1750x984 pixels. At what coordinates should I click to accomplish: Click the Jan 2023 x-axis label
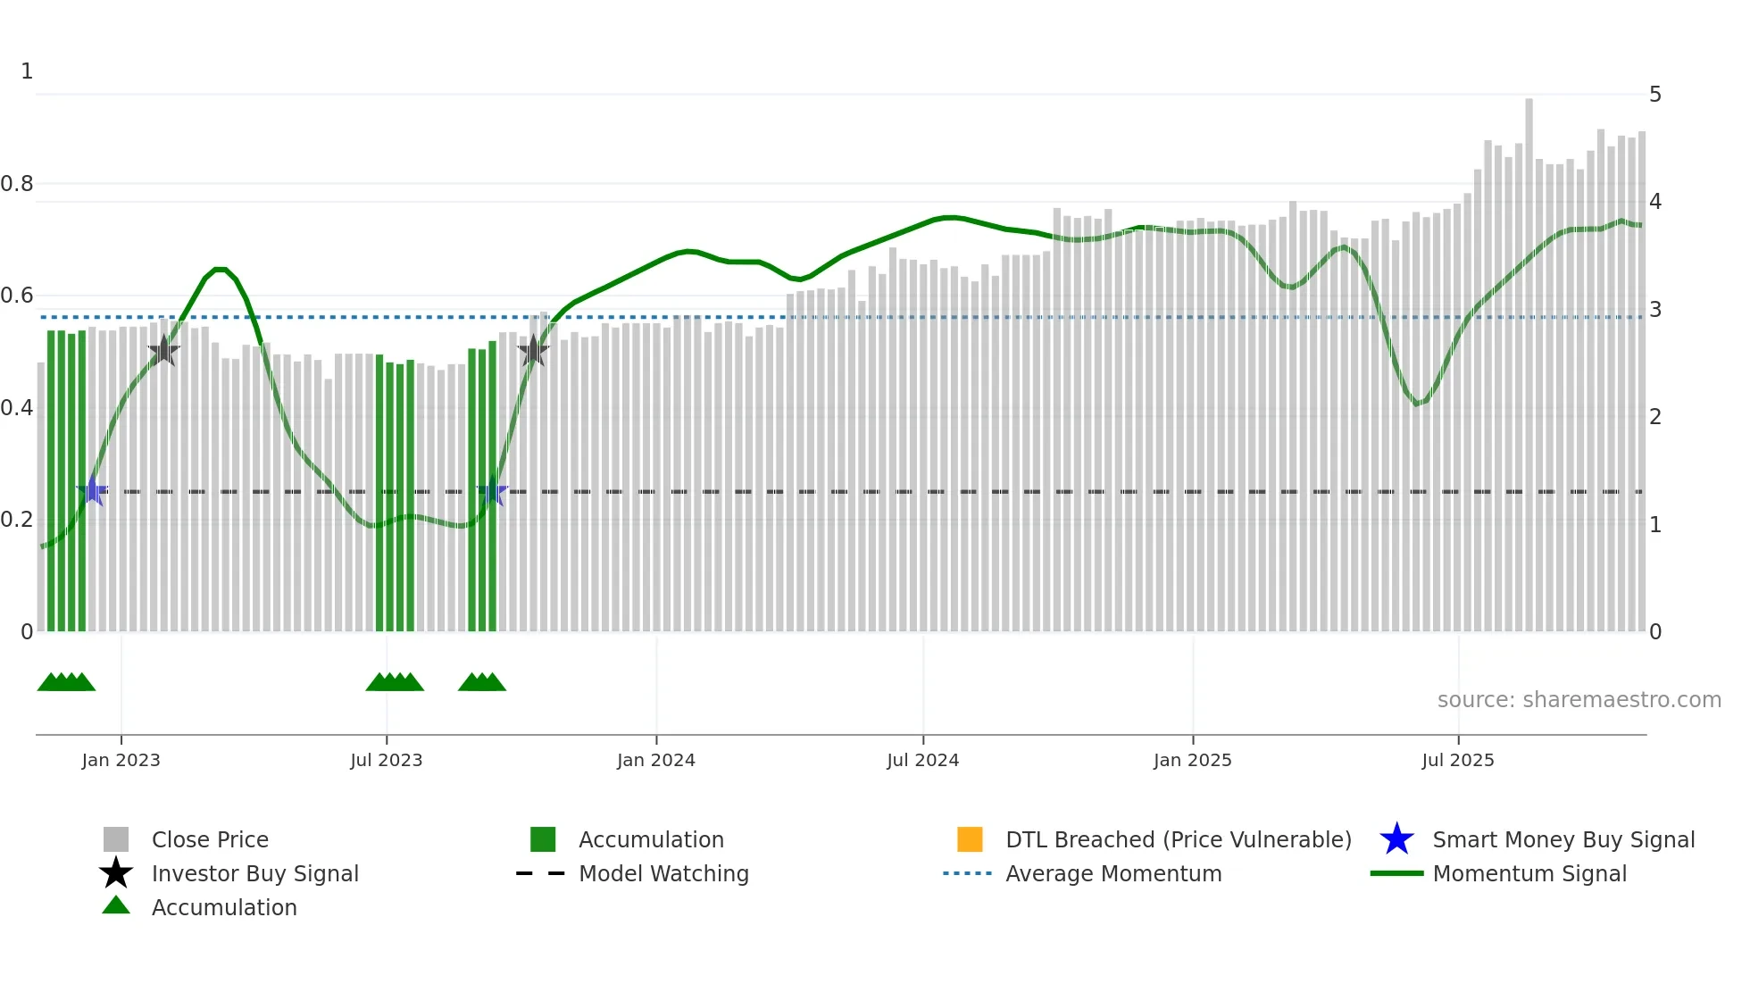[121, 760]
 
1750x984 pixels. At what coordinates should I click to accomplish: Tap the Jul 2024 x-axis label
[922, 760]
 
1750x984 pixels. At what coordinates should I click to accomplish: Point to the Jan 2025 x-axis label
[1192, 760]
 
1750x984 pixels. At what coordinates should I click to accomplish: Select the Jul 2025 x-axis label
[1457, 760]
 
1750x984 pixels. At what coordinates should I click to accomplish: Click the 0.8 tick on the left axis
[17, 184]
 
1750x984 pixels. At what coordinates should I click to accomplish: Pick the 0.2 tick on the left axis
[17, 520]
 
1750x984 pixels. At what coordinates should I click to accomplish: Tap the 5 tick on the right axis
[1655, 95]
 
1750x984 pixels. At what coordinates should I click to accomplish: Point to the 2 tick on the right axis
[1655, 417]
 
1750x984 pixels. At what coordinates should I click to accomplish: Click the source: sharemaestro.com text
[1579, 700]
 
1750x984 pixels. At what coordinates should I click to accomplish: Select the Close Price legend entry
[210, 839]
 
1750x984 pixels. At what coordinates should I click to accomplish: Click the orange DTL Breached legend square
[970, 839]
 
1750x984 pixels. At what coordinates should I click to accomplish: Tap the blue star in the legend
[1396, 839]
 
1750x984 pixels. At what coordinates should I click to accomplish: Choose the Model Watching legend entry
[663, 873]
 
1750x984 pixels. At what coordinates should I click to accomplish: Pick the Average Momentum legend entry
[1112, 873]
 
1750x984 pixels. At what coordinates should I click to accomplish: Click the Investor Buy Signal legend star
[116, 873]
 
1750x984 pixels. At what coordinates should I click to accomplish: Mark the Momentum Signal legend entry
[1529, 873]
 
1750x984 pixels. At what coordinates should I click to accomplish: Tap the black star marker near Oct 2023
[533, 351]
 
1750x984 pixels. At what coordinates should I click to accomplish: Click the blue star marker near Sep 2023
[492, 491]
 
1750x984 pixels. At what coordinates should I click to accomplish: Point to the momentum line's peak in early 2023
[220, 269]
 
